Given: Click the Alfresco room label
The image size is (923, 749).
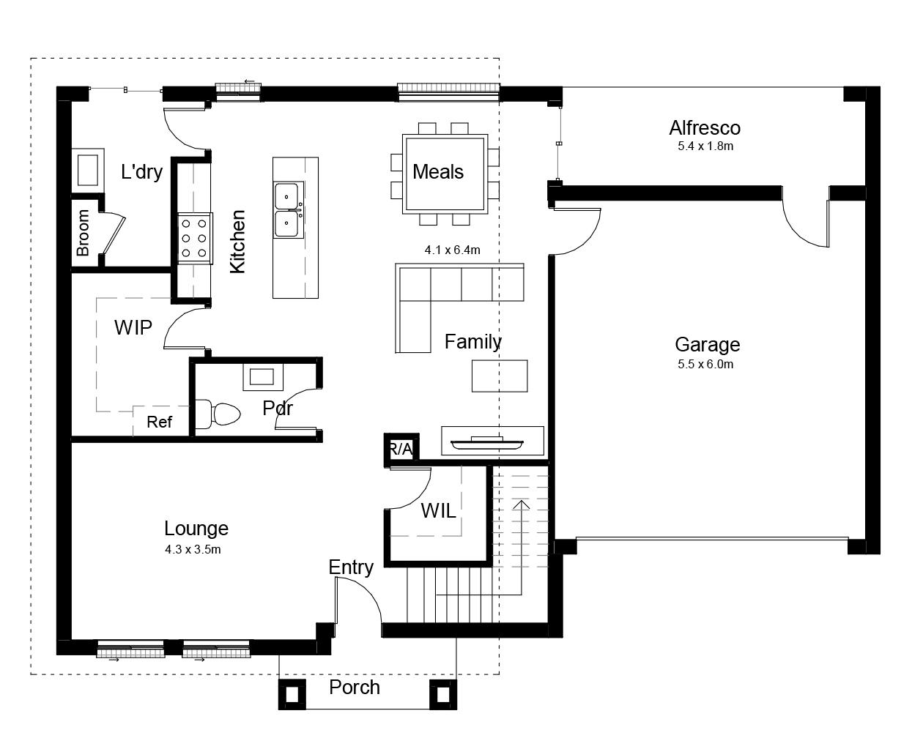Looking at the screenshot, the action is (705, 127).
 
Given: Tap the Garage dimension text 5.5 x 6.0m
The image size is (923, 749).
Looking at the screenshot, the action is (705, 364).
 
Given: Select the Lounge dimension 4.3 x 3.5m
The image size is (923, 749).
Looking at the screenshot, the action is (193, 549).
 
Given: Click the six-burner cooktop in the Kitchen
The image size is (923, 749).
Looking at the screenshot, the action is (195, 238).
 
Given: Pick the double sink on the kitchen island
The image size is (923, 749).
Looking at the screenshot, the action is (288, 210).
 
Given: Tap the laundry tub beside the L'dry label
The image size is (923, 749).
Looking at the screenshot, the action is (88, 170).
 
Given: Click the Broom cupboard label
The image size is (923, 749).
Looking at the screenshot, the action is (82, 233).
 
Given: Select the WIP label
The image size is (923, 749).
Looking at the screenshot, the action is (133, 327).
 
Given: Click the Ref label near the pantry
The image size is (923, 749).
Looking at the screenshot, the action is (159, 422).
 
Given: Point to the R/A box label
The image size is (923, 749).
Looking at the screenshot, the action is (401, 450).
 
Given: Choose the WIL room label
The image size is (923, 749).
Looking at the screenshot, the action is (438, 511).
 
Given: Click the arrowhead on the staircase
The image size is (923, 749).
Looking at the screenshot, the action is (522, 505).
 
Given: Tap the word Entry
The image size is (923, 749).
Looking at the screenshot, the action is (351, 567).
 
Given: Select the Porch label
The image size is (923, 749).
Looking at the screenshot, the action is (355, 687).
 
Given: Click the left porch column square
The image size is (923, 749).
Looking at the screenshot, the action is (292, 695).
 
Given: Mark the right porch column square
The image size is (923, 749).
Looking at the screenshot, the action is (443, 695).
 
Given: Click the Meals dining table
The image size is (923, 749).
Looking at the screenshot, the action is (445, 174).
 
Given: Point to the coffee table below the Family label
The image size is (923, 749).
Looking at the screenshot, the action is (500, 376).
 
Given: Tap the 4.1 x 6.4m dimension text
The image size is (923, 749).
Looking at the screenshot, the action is (453, 250).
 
